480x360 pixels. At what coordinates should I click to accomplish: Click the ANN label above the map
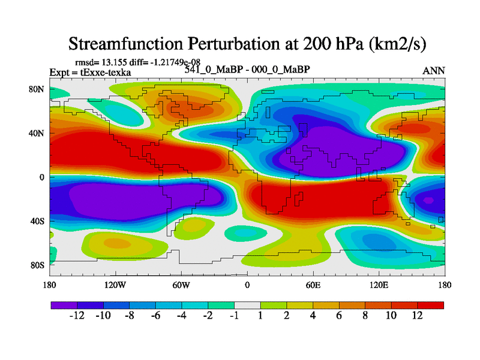tap(434, 71)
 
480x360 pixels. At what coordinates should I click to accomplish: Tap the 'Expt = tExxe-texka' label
tap(90, 73)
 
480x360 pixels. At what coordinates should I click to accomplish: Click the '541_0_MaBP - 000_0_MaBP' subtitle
tap(247, 70)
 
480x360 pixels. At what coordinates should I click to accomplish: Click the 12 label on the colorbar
tap(418, 316)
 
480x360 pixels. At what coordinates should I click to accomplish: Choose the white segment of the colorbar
tap(247, 305)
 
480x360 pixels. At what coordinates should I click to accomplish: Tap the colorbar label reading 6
tap(339, 316)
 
